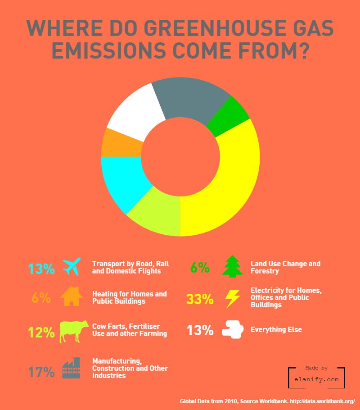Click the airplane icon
pos(72,267)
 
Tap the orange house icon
pos(72,296)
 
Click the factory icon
pos(71,369)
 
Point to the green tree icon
pos(233,266)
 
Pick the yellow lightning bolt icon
pos(233,298)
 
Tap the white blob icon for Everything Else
pos(233,329)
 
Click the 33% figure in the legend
pos(200,299)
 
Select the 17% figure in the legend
pos(41,373)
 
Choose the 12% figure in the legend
pos(41,333)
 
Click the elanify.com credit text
pos(316,380)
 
